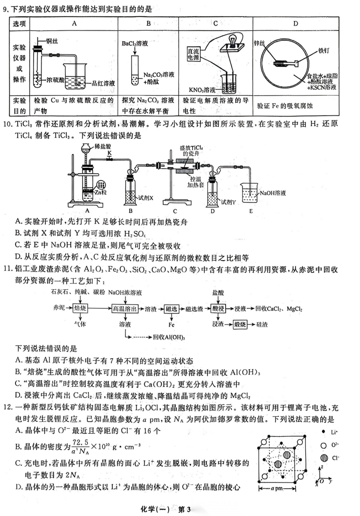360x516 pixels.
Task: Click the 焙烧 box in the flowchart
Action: tap(80, 309)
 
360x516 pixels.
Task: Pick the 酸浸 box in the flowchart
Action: tap(219, 309)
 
